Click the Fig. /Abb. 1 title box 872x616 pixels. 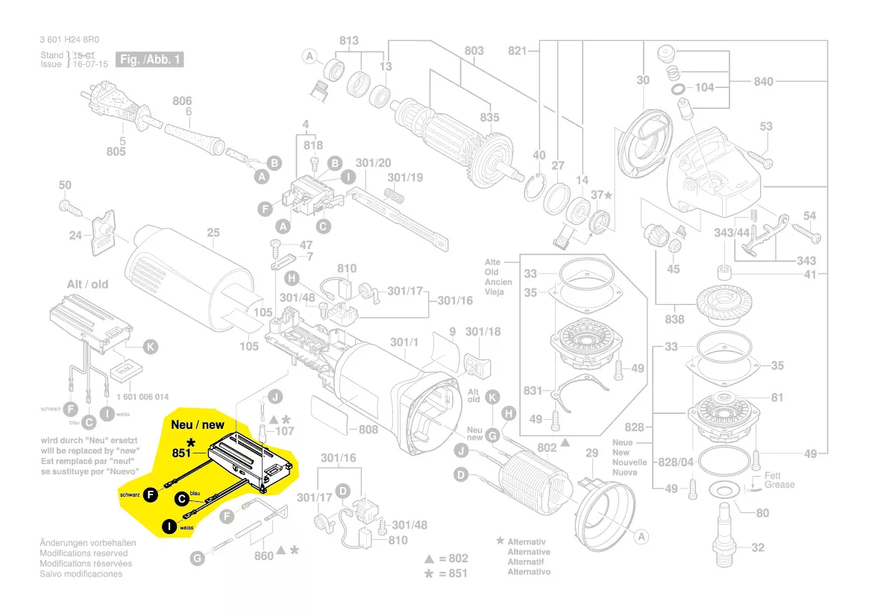[x=150, y=59]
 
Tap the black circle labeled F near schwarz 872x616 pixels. [x=151, y=493]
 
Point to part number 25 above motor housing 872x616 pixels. [x=213, y=233]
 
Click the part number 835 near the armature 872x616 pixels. [x=489, y=118]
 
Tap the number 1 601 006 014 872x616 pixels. [x=143, y=397]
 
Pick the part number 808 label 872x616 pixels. [x=368, y=430]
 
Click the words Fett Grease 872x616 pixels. [x=779, y=480]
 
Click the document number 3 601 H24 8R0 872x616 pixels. [x=72, y=41]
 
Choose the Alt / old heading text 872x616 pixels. [x=87, y=284]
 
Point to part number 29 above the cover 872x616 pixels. [x=591, y=453]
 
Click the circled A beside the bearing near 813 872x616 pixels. [x=310, y=57]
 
